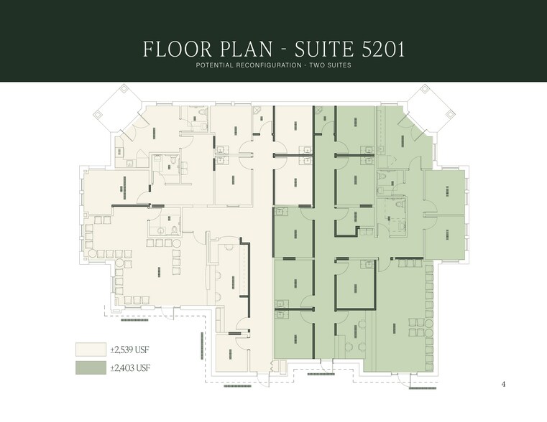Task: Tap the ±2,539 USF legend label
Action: (x=129, y=350)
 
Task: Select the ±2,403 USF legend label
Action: (x=129, y=368)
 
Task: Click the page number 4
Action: (x=503, y=384)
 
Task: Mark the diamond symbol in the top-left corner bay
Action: (x=122, y=90)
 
